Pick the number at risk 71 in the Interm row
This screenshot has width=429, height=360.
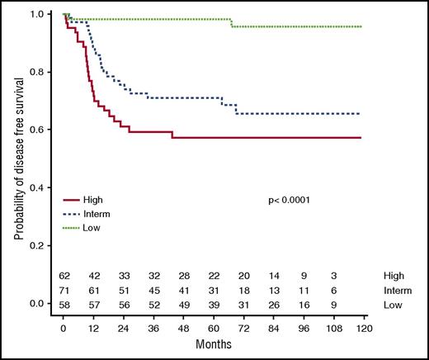(x=64, y=291)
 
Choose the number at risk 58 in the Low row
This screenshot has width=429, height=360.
(x=64, y=306)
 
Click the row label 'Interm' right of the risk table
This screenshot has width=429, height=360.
(x=398, y=291)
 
